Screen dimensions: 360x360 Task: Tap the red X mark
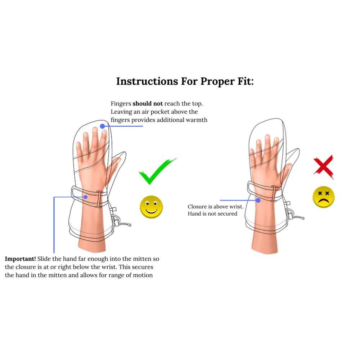coord(323,167)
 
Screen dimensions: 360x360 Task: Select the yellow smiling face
coord(151,207)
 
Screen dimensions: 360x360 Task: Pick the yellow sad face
coord(324,197)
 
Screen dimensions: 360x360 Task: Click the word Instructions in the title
coord(147,81)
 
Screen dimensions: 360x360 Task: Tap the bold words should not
coord(148,103)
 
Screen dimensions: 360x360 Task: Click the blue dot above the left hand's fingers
coord(103,126)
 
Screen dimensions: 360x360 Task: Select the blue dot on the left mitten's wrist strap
coord(85,197)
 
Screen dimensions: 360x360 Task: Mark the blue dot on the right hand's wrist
coord(258,200)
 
